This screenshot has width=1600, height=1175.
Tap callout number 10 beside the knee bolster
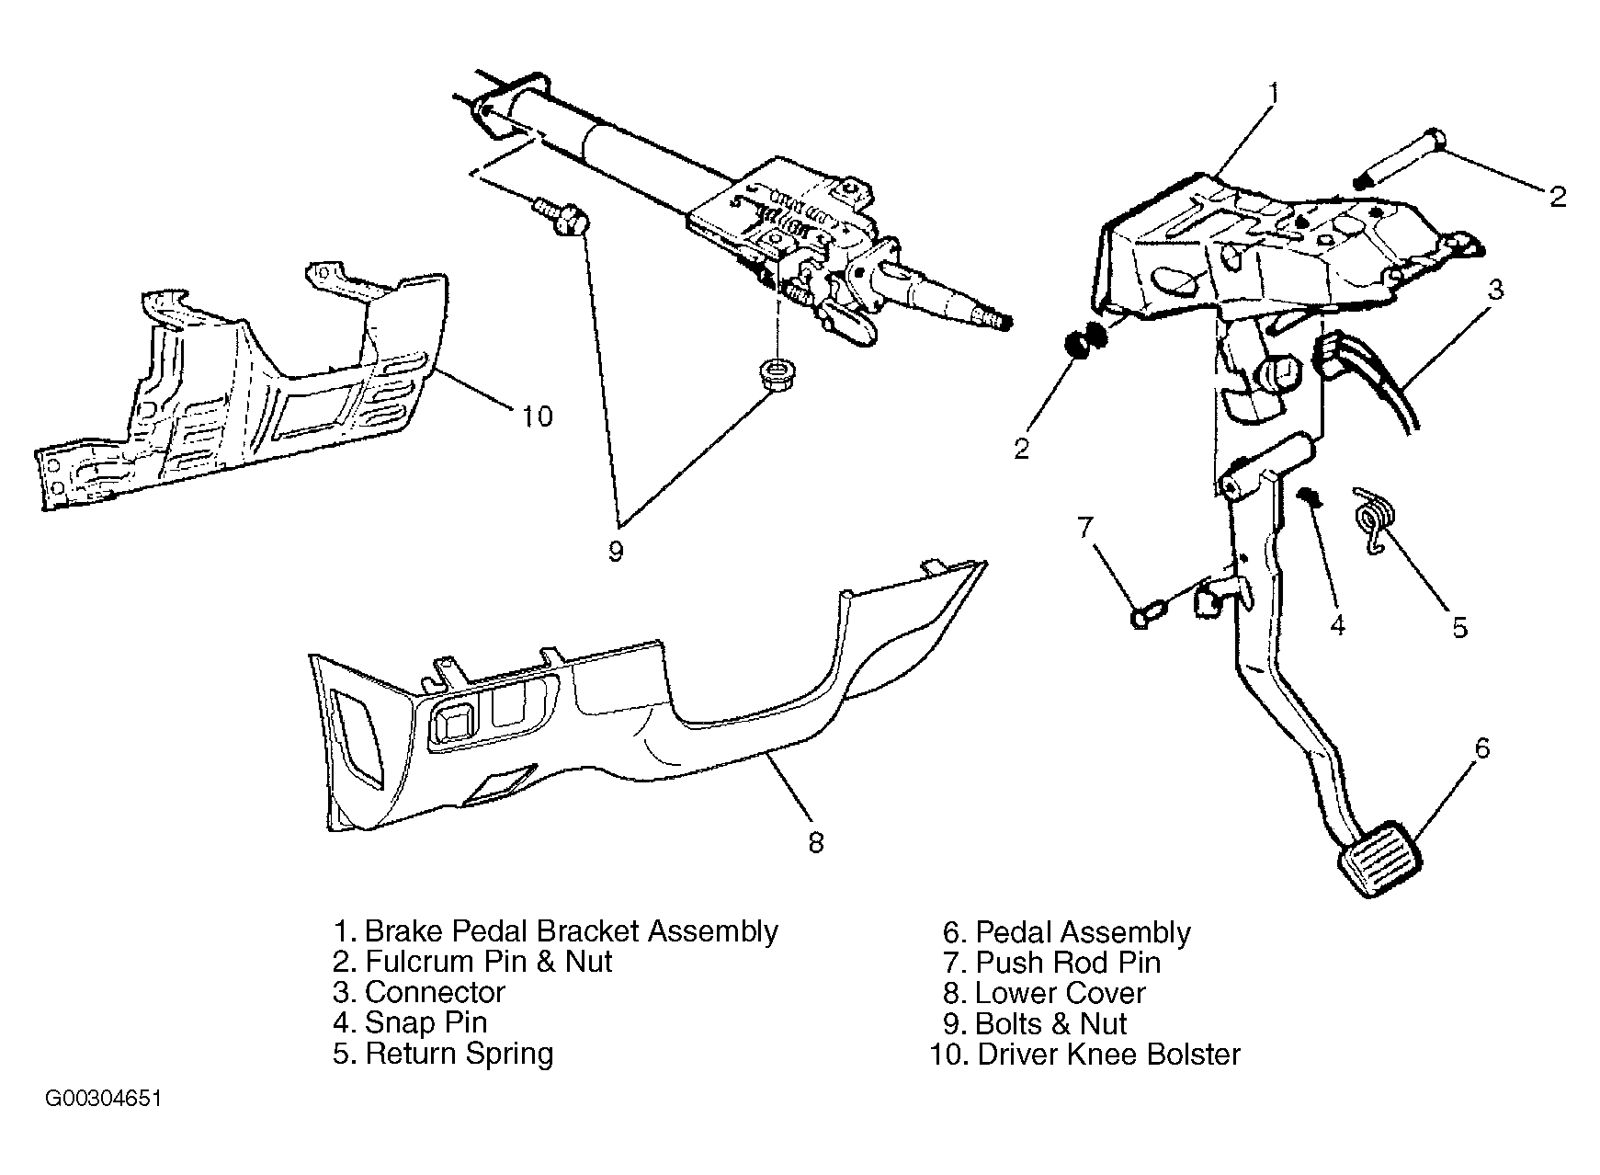point(538,416)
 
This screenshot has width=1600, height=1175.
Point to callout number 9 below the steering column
point(615,552)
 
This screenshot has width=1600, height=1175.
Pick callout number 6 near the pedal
point(1481,748)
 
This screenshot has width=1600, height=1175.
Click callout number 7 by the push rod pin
point(1085,527)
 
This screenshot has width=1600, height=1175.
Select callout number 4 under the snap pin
point(1337,625)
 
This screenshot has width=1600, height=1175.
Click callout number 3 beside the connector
point(1495,290)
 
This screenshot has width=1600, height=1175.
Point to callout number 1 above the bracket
point(1274,93)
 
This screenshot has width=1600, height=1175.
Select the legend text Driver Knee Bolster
point(1108,1054)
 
